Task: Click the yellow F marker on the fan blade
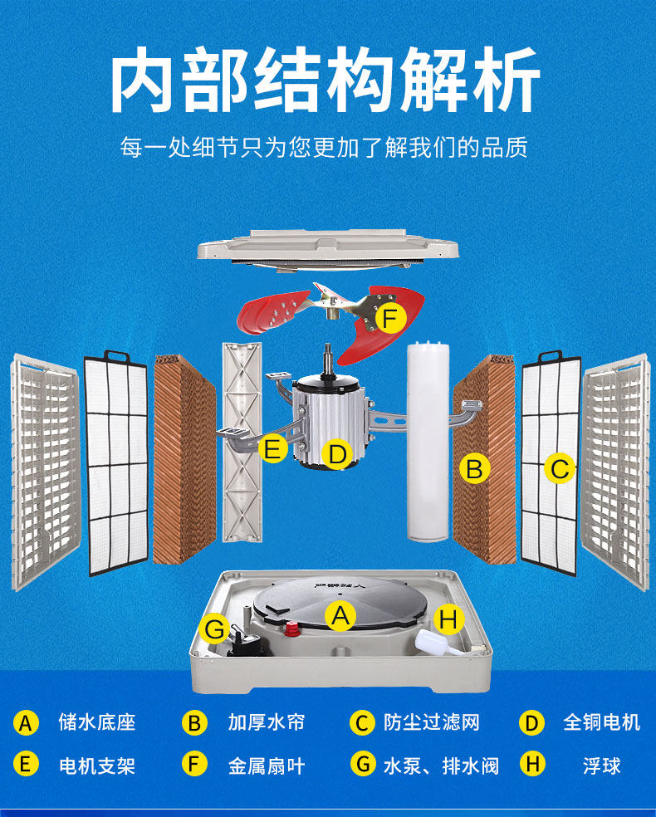pyautogui.click(x=390, y=317)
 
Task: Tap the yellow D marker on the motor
pyautogui.click(x=336, y=454)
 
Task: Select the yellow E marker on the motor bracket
pyautogui.click(x=272, y=450)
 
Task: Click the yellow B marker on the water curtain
pyautogui.click(x=474, y=469)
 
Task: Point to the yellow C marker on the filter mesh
pyautogui.click(x=560, y=469)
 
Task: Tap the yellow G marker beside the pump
pyautogui.click(x=215, y=630)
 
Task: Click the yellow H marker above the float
pyautogui.click(x=448, y=619)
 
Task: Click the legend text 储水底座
pyautogui.click(x=96, y=722)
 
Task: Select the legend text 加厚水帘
pyautogui.click(x=267, y=722)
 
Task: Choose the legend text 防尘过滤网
pyautogui.click(x=432, y=722)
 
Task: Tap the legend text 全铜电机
pyautogui.click(x=602, y=722)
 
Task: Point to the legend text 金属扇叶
pyautogui.click(x=267, y=764)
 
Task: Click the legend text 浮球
pyautogui.click(x=602, y=764)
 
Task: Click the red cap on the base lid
pyautogui.click(x=292, y=628)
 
